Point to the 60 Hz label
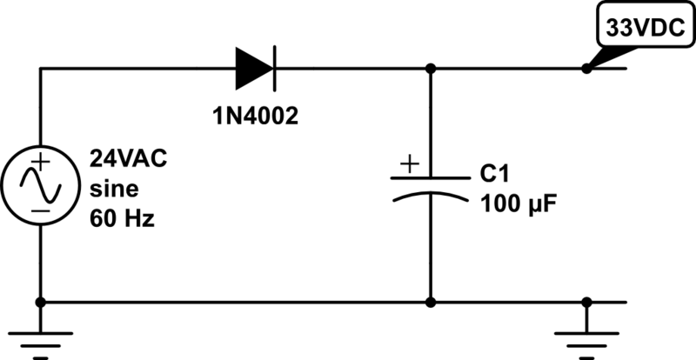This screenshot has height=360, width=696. pyautogui.click(x=121, y=219)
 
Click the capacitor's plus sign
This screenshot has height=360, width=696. pyautogui.click(x=410, y=163)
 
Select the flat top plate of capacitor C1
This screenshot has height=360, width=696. pyautogui.click(x=431, y=177)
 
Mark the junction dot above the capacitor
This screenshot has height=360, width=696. pyautogui.click(x=431, y=68)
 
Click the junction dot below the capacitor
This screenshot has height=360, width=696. pyautogui.click(x=431, y=303)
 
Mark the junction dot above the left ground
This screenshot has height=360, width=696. pyautogui.click(x=41, y=303)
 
